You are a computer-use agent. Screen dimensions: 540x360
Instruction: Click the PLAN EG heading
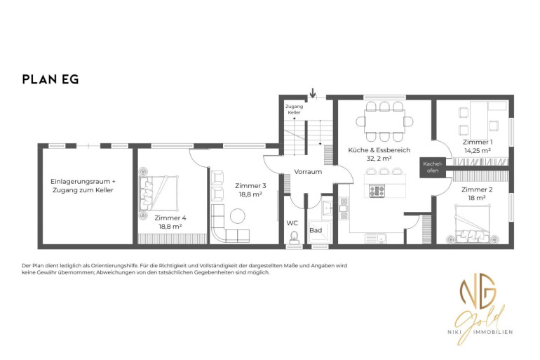(50, 79)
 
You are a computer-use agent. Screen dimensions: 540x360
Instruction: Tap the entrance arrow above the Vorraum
(312, 93)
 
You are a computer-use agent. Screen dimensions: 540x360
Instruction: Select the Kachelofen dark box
(433, 168)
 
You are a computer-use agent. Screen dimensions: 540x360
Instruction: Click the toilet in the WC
(294, 238)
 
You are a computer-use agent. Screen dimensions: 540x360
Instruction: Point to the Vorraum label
(308, 171)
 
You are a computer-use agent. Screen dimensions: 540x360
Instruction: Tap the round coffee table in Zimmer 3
(237, 216)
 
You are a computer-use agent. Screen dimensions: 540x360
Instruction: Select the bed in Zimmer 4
(158, 192)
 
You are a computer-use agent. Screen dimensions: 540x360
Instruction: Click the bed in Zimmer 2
(472, 223)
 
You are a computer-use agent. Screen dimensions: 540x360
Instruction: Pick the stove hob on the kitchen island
(377, 191)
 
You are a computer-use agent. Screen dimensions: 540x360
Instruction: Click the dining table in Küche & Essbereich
(384, 121)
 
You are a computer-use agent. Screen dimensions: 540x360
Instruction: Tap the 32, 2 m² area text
(379, 159)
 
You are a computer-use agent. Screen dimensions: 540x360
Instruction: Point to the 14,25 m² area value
(478, 151)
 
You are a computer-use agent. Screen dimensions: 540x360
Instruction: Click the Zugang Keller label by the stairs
(294, 109)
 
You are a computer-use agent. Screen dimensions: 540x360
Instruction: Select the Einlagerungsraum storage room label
(83, 186)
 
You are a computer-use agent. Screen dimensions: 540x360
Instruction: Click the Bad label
(316, 230)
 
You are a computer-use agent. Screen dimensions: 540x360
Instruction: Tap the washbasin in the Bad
(327, 208)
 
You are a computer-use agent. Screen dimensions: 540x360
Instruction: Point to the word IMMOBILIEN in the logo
(493, 332)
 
